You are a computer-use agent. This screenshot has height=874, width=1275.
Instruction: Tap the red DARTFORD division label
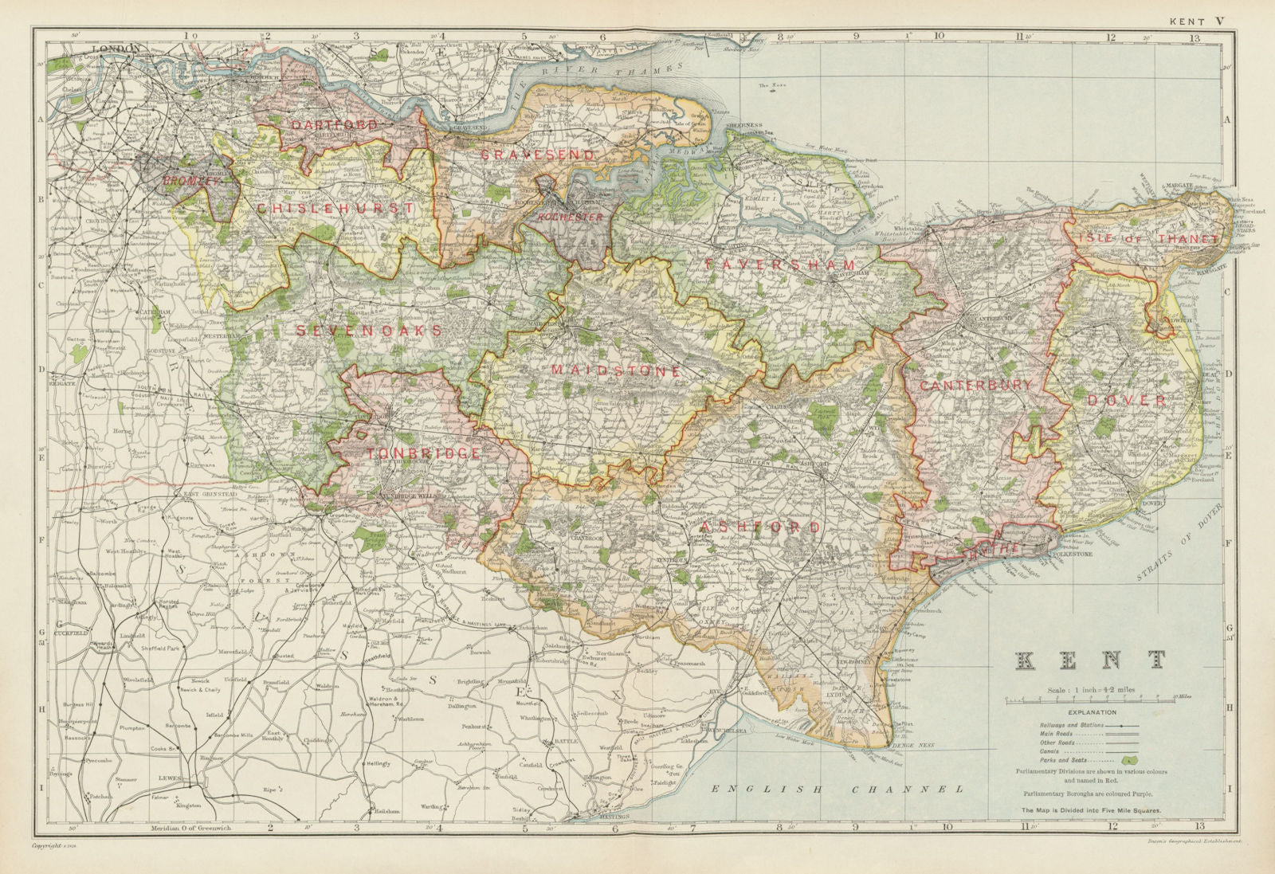pos(333,125)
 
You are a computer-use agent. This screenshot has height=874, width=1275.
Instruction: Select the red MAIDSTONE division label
pos(615,371)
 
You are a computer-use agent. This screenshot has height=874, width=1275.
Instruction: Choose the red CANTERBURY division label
pos(975,385)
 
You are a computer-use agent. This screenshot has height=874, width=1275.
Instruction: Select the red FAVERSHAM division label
pos(781,265)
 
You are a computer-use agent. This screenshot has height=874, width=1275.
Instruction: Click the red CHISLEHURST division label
pos(335,208)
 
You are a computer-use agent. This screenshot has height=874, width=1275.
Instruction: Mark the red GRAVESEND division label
pos(537,154)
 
